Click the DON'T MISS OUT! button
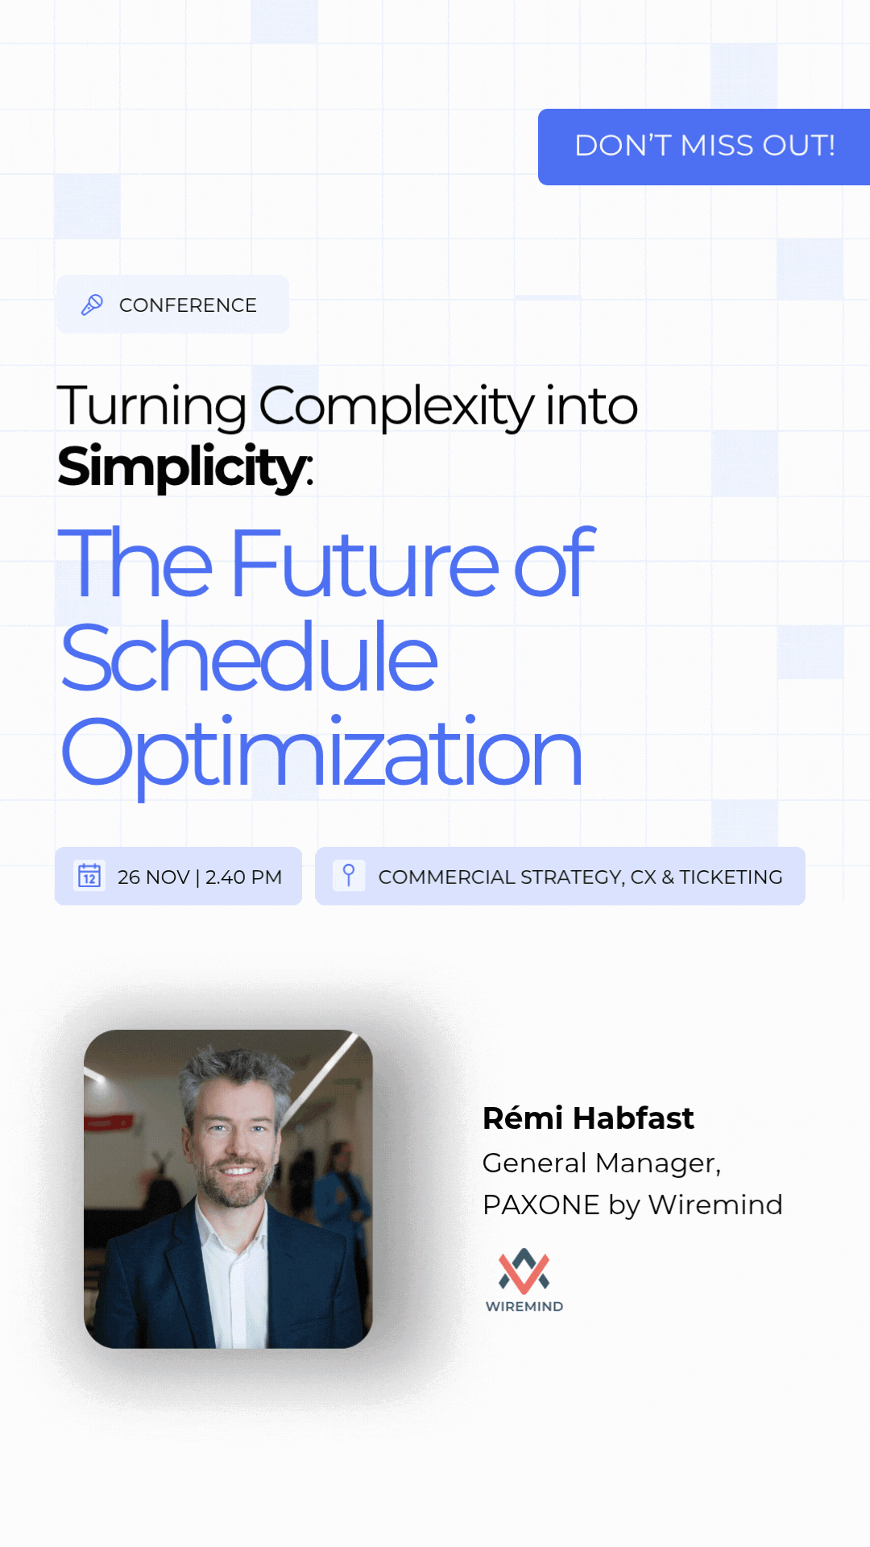pyautogui.click(x=704, y=147)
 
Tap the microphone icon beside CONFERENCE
pyautogui.click(x=92, y=305)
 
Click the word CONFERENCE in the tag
pyautogui.click(x=188, y=305)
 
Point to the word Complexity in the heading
pyautogui.click(x=396, y=406)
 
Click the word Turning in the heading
pyautogui.click(x=151, y=406)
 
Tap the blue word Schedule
pyautogui.click(x=250, y=657)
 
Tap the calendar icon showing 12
pyautogui.click(x=89, y=876)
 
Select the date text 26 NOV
pyautogui.click(x=153, y=877)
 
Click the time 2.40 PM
pyautogui.click(x=243, y=877)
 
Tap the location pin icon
pyautogui.click(x=349, y=875)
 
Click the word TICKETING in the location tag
pyautogui.click(x=731, y=877)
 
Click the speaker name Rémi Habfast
pyautogui.click(x=588, y=1118)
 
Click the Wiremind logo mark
pyautogui.click(x=524, y=1271)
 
